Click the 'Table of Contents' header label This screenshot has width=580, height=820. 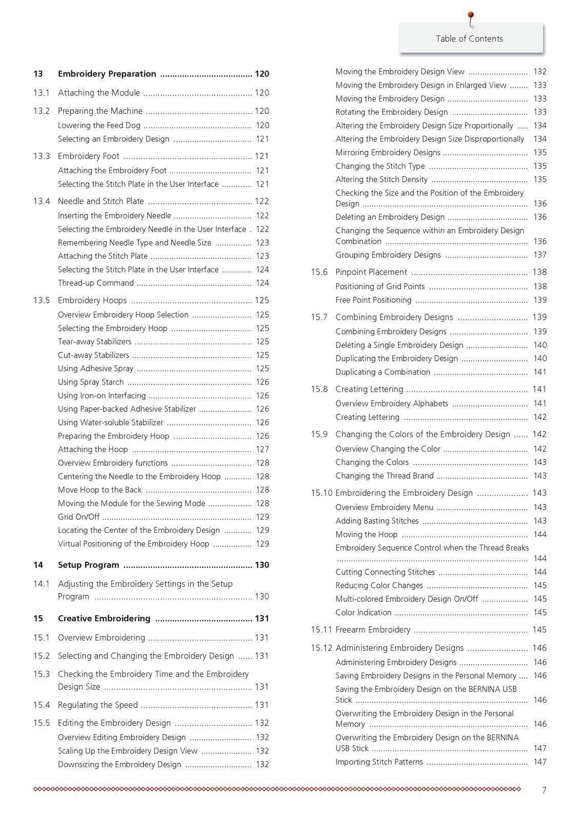(x=469, y=39)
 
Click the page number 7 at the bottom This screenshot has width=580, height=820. (x=544, y=790)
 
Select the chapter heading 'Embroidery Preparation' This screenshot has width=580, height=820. (x=107, y=74)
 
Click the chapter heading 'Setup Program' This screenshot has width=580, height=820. (x=88, y=565)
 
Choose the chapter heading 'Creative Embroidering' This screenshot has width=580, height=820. (x=104, y=619)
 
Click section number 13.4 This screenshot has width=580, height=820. (x=42, y=201)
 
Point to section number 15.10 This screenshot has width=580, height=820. (x=322, y=493)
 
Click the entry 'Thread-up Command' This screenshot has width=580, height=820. (x=96, y=283)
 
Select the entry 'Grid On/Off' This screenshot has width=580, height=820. (x=78, y=517)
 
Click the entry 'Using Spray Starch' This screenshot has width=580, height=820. (x=91, y=382)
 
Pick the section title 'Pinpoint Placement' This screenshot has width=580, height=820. (x=371, y=272)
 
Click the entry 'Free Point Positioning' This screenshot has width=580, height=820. (x=373, y=300)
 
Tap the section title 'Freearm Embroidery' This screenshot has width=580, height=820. (x=373, y=630)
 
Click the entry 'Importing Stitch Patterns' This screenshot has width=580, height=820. (x=379, y=762)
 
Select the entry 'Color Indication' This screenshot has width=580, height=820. (x=364, y=612)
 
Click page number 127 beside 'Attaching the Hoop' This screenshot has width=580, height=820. (x=262, y=449)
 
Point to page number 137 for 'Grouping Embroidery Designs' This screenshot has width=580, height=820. (x=539, y=255)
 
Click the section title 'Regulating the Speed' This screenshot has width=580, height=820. (x=98, y=705)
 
